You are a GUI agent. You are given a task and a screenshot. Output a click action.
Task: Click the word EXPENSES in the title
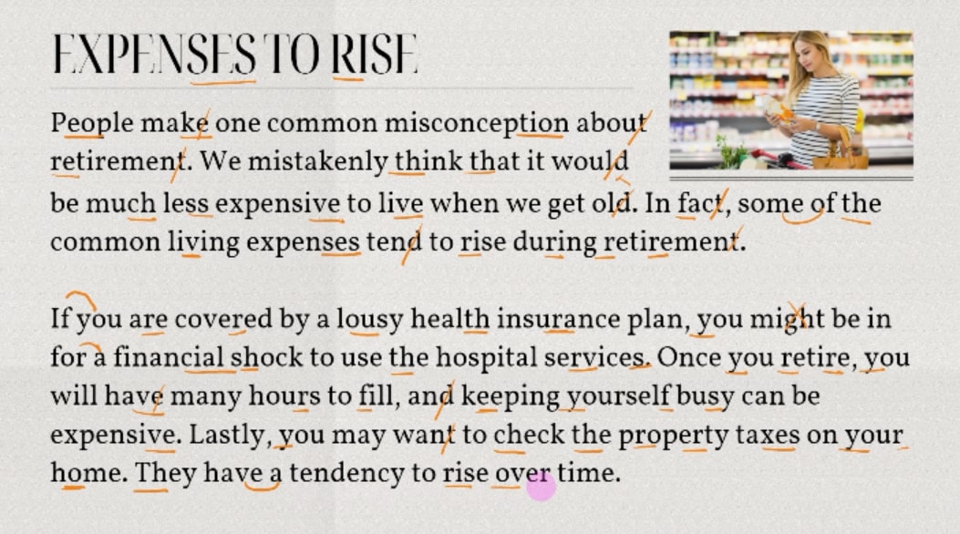154,54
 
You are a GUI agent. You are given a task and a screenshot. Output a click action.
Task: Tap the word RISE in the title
375,54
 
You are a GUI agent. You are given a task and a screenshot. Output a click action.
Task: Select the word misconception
477,124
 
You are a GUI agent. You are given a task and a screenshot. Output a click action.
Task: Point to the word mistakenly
317,162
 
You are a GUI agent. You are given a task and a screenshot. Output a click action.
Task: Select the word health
450,319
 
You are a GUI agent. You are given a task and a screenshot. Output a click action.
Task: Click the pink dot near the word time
541,488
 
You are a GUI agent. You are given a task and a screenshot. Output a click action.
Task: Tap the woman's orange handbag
840,153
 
